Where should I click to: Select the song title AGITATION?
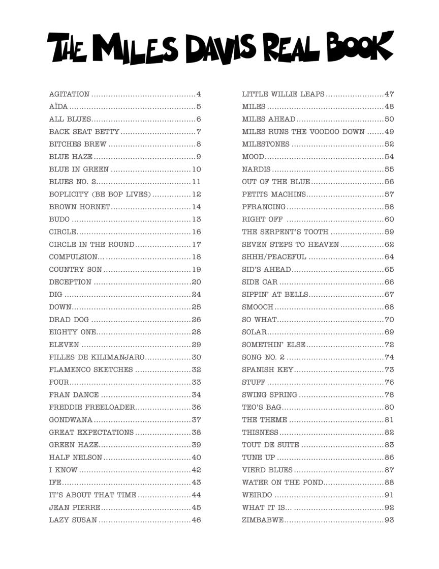(69, 94)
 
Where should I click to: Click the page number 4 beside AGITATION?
(199, 94)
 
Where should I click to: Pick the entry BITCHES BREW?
(78, 144)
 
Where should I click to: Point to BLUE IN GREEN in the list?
(79, 169)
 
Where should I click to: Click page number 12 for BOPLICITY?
(197, 194)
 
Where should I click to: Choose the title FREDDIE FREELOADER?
(92, 407)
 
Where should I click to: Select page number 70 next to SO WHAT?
(389, 320)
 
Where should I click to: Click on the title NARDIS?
(256, 169)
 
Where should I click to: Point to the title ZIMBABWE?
(263, 520)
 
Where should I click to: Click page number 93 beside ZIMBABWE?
(389, 520)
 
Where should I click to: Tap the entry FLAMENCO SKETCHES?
(91, 369)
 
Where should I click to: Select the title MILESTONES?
(266, 144)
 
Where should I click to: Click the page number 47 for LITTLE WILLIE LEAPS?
(389, 94)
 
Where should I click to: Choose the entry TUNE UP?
(258, 458)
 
